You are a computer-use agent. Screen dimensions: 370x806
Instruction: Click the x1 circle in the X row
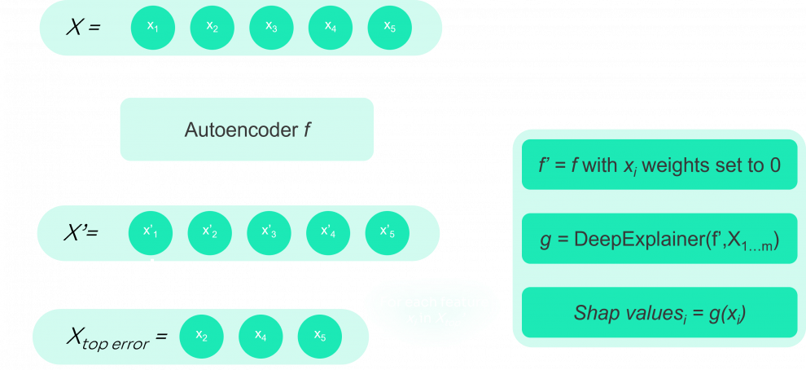[152, 28]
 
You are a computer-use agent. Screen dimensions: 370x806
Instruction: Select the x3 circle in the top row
[271, 28]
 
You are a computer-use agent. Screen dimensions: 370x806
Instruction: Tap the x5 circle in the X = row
[390, 28]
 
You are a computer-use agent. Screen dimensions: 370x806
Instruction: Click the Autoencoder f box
[247, 129]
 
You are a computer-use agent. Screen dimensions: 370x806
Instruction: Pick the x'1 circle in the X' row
[151, 232]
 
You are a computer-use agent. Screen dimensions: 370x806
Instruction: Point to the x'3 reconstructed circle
[269, 232]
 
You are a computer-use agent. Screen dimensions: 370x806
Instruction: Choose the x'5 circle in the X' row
[388, 232]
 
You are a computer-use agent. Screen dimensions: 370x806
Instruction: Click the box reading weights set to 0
[659, 165]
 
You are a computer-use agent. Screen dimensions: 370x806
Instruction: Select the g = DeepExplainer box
[659, 240]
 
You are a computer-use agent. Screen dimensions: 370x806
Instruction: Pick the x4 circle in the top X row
[331, 28]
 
